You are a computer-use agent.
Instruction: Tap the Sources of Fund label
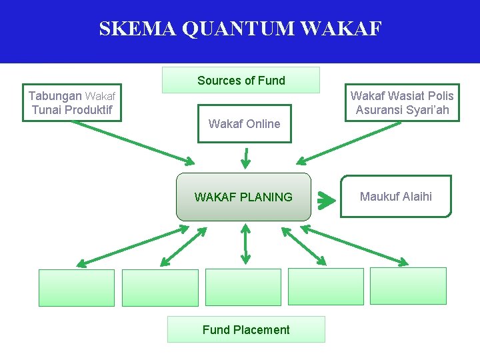(241, 81)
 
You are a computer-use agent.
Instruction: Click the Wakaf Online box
(244, 123)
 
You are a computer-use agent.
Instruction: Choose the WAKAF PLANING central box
(243, 197)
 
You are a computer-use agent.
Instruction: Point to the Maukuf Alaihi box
(396, 196)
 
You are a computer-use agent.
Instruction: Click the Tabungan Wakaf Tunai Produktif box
(72, 103)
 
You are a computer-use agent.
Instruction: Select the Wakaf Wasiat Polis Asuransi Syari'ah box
(402, 103)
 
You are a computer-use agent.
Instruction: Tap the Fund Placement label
(246, 329)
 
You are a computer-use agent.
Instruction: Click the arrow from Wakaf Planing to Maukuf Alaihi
(326, 199)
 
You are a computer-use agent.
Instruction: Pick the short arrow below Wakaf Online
(245, 157)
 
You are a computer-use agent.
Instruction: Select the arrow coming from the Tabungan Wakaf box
(133, 141)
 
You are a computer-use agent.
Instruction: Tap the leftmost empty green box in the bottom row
(77, 287)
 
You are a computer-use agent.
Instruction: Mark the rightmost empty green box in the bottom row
(408, 285)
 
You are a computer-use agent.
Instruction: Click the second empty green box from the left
(160, 287)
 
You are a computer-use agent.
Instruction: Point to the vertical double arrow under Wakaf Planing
(245, 244)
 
